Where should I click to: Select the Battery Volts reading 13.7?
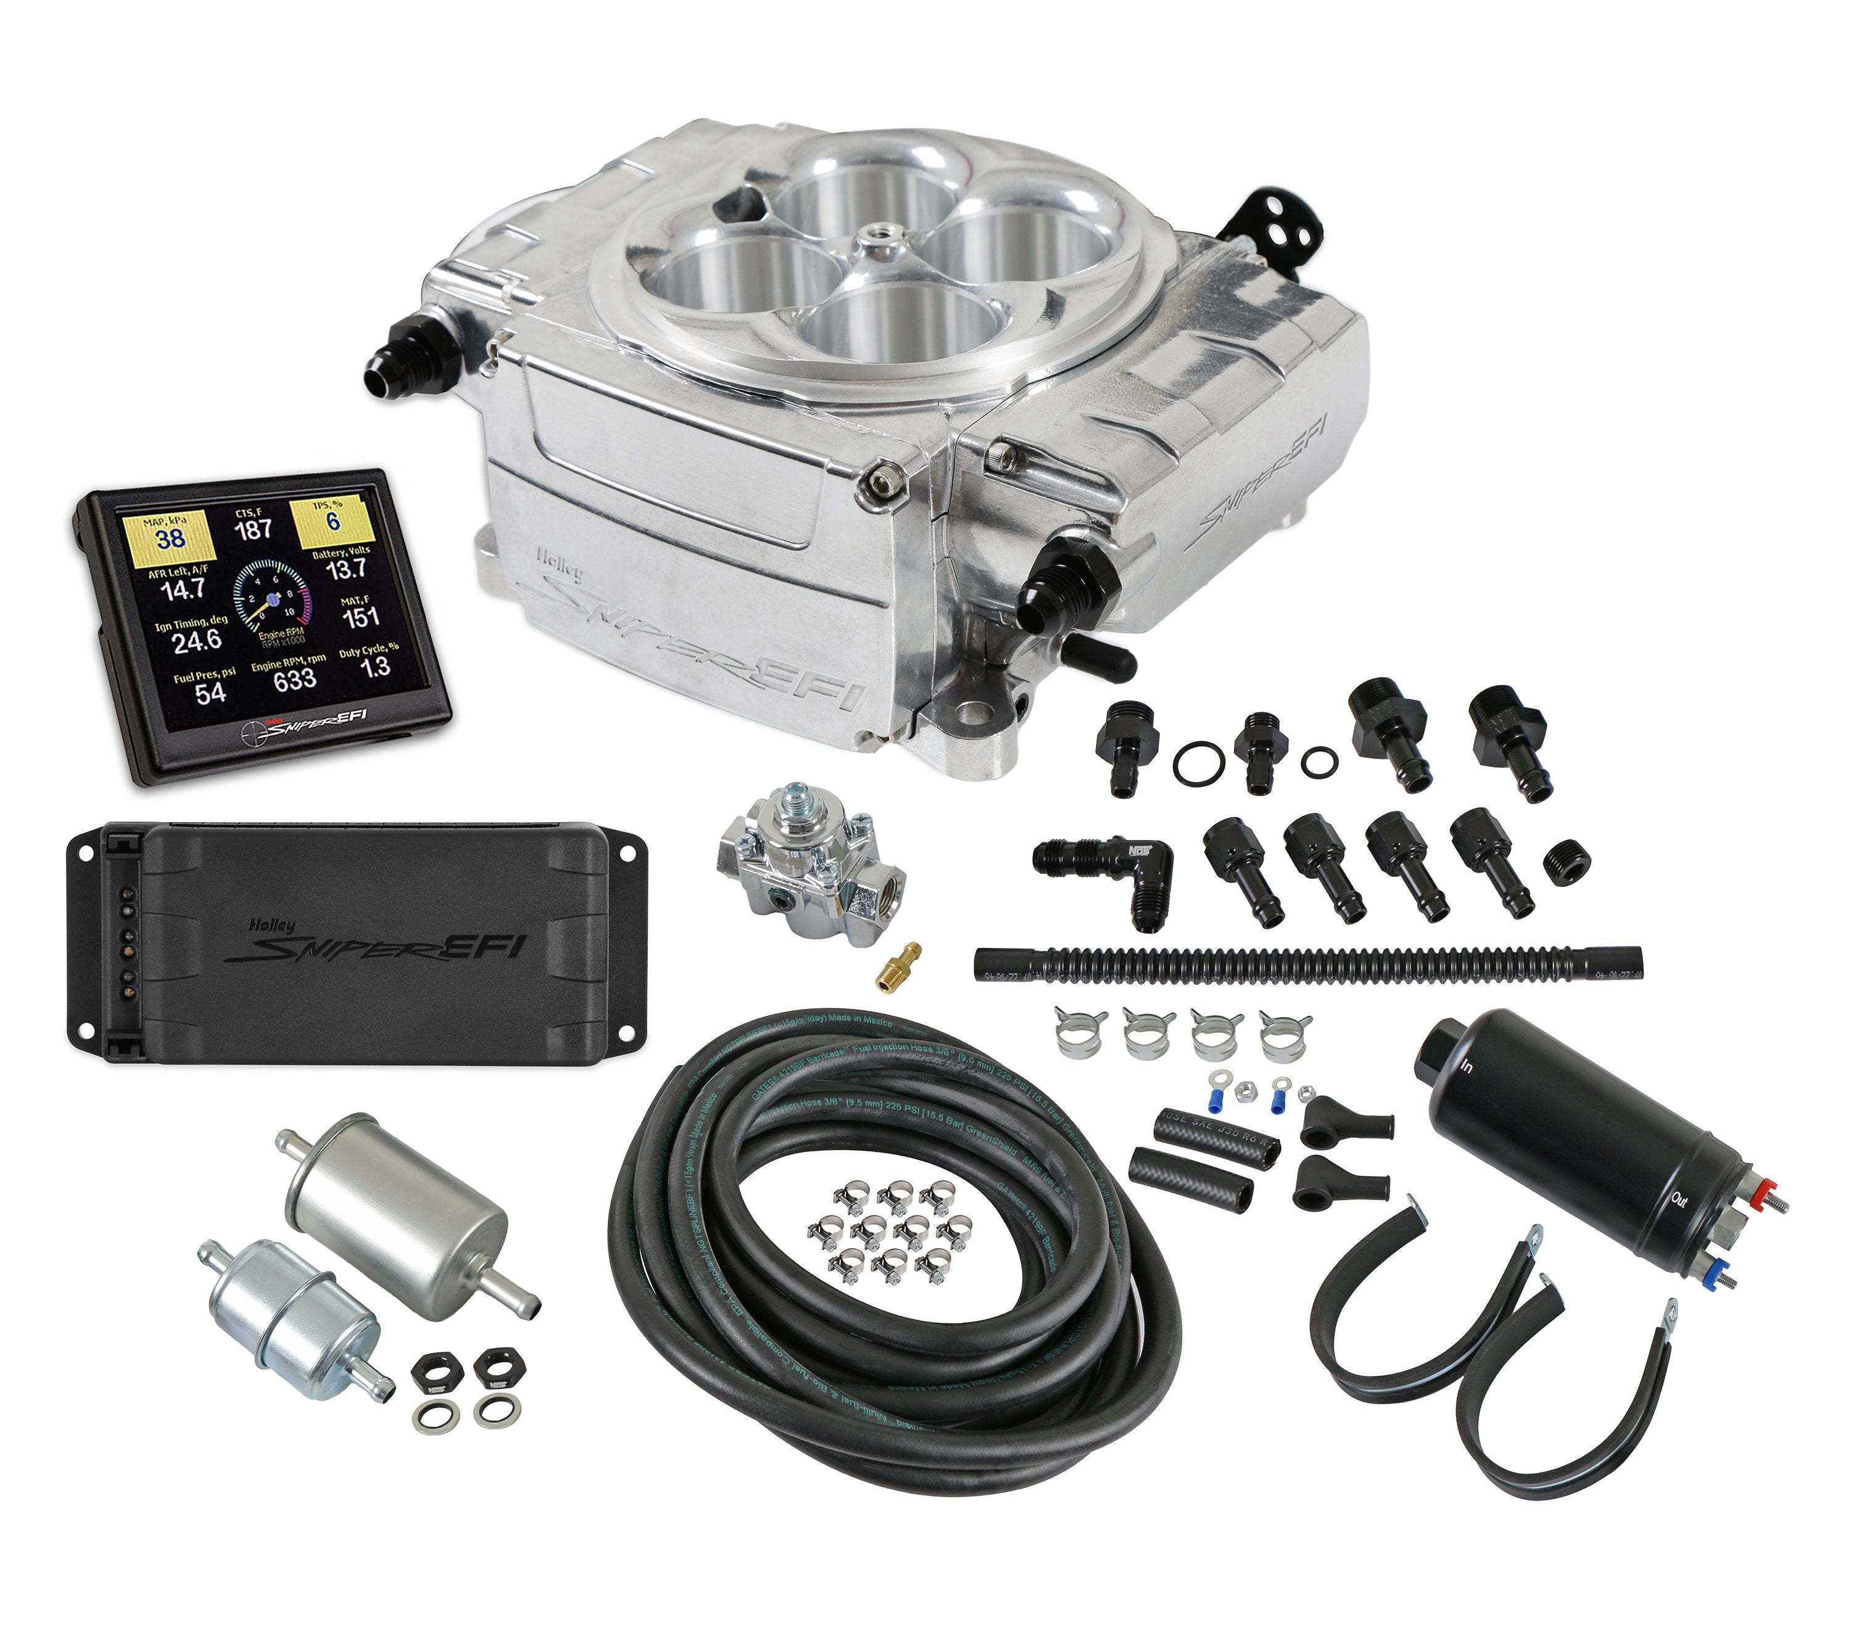[347, 569]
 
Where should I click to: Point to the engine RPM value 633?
[294, 679]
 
